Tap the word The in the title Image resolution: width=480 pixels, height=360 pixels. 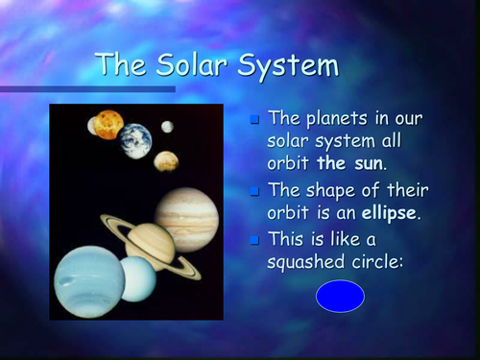119,65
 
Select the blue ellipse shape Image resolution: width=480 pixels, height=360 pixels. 340,296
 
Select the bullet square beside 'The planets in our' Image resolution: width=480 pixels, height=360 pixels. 254,120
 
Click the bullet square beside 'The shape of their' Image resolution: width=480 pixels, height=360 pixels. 254,189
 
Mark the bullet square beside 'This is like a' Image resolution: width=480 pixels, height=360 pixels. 254,238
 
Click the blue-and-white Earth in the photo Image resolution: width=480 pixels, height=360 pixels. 135,140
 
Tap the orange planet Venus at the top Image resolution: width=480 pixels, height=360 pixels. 108,124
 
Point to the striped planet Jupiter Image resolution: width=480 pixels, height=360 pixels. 187,218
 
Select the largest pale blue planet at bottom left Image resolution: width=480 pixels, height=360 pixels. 88,280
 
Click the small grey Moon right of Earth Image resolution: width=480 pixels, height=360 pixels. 167,127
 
